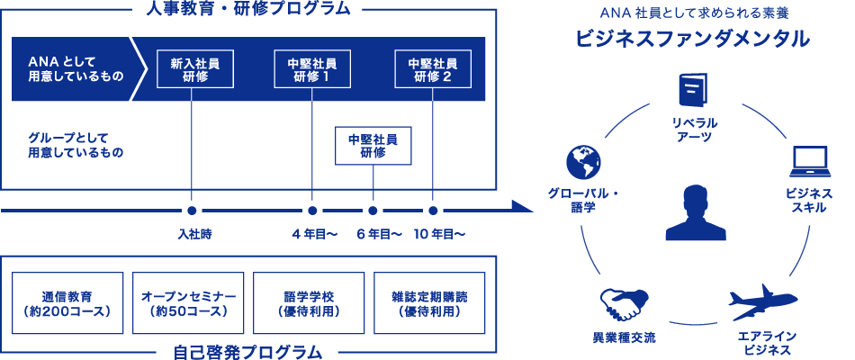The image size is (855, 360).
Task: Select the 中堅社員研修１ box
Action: [311, 69]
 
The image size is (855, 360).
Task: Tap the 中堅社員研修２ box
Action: [432, 69]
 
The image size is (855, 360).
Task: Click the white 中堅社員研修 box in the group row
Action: [373, 146]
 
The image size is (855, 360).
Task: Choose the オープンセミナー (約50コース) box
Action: [188, 303]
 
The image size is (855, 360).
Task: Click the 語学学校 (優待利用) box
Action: [308, 303]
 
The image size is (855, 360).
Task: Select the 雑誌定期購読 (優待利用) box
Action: [429, 303]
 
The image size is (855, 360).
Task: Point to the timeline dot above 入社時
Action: [193, 211]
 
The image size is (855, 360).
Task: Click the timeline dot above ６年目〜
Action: [373, 211]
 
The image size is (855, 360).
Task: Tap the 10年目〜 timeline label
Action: [439, 235]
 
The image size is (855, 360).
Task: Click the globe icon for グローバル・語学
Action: [582, 162]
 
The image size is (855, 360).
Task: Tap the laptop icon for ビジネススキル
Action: [807, 163]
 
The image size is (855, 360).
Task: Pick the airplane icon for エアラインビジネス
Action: [765, 301]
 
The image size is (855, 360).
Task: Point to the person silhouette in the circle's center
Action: [695, 213]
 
